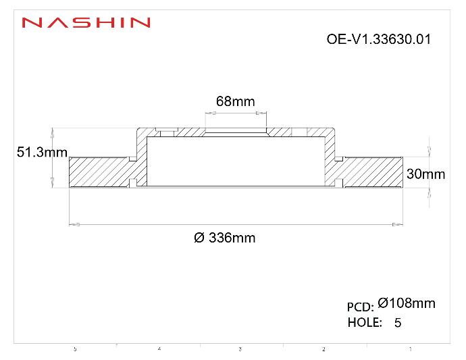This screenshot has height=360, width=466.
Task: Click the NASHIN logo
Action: coord(86,23)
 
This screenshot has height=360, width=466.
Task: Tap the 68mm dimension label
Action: coord(235,102)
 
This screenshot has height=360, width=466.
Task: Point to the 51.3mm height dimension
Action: coord(42,153)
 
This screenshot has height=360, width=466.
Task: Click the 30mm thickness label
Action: coord(425,174)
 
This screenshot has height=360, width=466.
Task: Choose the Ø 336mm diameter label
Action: coord(224,238)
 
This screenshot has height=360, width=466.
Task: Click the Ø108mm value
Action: coord(407,303)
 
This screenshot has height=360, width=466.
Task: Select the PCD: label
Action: coord(360,307)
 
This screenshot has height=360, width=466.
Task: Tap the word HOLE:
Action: coord(364,323)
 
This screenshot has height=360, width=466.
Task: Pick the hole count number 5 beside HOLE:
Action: coord(397,324)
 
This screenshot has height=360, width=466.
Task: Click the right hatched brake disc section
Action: coord(371,172)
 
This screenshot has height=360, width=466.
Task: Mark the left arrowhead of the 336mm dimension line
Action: coord(74,224)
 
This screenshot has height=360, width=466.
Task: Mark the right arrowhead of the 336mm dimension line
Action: coord(398,224)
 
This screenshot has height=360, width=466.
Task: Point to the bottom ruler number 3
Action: coord(240,349)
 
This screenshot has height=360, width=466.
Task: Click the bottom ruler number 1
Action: coord(410,349)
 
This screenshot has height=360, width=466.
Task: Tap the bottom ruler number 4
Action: coord(159,349)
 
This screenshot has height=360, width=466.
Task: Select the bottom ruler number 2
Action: coord(323,349)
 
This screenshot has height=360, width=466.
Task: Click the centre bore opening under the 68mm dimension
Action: coord(236,131)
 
